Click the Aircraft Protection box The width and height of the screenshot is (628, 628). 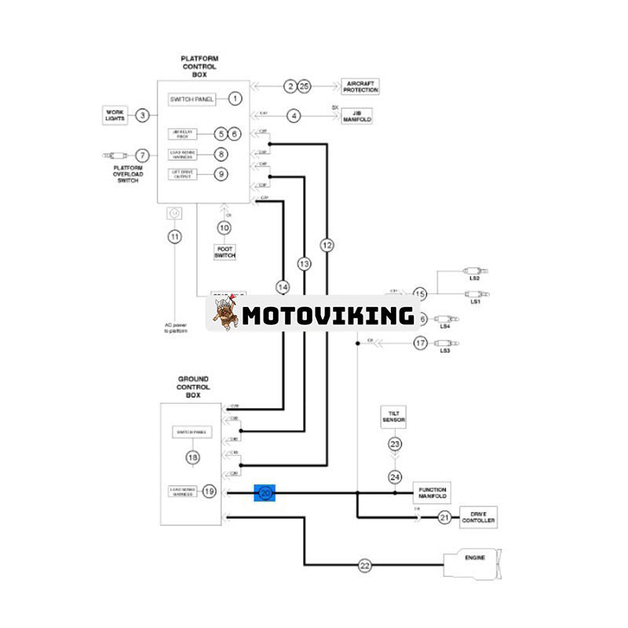tap(360, 86)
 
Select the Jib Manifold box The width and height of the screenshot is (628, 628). tap(356, 116)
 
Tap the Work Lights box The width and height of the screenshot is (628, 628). tap(115, 115)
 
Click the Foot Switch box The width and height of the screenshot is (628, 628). tap(225, 253)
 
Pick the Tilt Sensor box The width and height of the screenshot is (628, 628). tap(394, 417)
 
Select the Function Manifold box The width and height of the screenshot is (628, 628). tap(433, 492)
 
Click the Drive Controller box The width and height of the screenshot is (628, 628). tap(478, 517)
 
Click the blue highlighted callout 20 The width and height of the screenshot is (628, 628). tap(265, 492)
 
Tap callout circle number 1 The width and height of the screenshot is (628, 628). tap(235, 99)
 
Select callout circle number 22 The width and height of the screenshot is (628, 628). tap(364, 565)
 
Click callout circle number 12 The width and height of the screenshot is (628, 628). tap(327, 246)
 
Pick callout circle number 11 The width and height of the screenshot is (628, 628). tap(174, 236)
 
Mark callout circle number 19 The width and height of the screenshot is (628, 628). tap(209, 491)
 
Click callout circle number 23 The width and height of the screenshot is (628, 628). tap(395, 444)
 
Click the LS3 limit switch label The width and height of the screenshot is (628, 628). tap(444, 351)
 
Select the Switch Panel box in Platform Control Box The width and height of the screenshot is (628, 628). tap(192, 99)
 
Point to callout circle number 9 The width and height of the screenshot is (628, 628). tap(221, 173)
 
